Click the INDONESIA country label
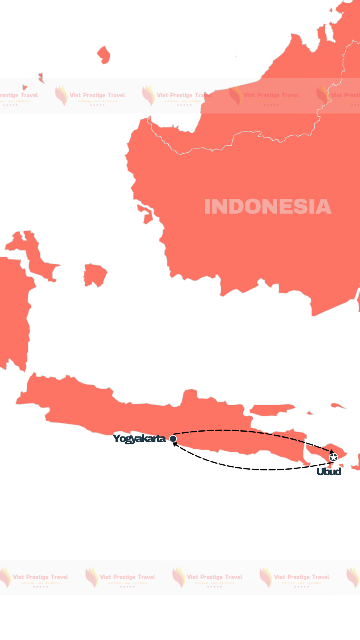coord(267,207)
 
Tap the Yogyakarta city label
coord(139,439)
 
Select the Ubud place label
coord(329,472)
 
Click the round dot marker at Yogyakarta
coord(173,439)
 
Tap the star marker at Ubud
coord(333,457)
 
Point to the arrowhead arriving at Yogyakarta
coord(175,444)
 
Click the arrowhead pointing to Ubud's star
coord(332,451)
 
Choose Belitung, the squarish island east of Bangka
coord(95,275)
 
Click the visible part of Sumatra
coord(12,312)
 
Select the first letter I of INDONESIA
coord(207,207)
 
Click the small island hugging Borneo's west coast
coord(146,215)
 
